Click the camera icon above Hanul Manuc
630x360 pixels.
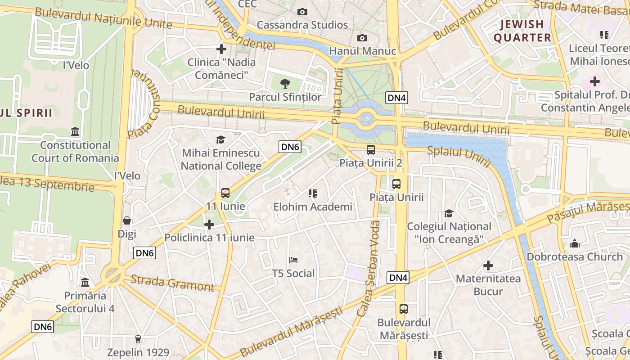tap(362, 38)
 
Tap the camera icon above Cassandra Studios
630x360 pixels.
tap(302, 12)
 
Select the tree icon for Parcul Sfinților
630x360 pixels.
tap(284, 83)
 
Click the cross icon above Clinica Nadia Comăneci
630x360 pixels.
tap(221, 49)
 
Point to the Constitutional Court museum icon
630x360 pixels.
tap(75, 132)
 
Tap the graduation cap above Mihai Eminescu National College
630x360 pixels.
tap(220, 139)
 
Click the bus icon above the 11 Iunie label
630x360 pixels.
tap(225, 193)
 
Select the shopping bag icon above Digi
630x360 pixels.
tap(127, 220)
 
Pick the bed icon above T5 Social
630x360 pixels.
tap(293, 260)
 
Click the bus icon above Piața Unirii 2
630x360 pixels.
tap(371, 150)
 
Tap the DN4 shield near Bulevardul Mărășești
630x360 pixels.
tap(398, 278)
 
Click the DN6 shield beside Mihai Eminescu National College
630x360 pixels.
tap(290, 147)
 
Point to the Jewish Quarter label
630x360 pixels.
tap(522, 31)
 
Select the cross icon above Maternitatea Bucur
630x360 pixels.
tap(488, 265)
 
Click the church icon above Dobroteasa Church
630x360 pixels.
tap(575, 243)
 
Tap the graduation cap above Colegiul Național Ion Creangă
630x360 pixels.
tap(449, 213)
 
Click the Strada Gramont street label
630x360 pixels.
tap(172, 283)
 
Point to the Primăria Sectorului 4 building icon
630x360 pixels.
tap(85, 282)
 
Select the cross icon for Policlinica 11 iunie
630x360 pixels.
tap(209, 224)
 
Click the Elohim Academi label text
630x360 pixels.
tap(313, 207)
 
